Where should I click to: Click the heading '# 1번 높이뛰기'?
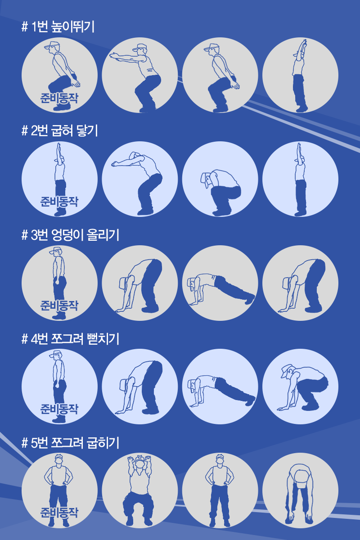(58, 27)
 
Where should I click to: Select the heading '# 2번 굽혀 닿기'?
(59, 130)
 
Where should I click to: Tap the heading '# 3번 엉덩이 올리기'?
(70, 235)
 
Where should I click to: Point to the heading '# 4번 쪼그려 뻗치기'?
(70, 339)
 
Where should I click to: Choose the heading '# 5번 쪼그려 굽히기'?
(70, 443)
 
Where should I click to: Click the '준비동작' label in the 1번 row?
(59, 98)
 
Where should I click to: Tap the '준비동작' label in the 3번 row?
(59, 306)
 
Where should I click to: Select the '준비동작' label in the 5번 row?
(59, 513)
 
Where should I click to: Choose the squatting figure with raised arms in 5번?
(139, 491)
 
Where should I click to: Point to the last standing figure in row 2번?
(301, 180)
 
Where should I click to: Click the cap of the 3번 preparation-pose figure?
(55, 251)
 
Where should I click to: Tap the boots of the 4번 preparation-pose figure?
(59, 419)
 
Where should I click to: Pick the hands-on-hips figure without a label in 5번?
(220, 491)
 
